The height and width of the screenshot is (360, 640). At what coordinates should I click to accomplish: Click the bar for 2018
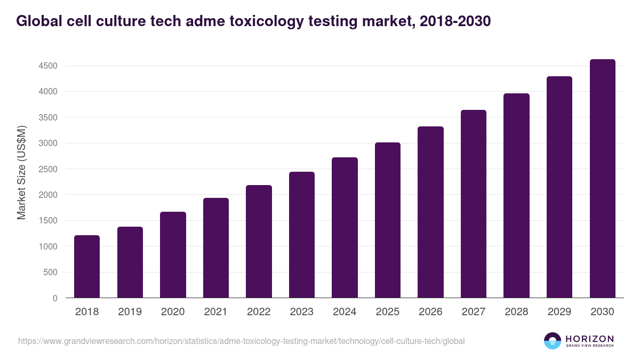pos(87,267)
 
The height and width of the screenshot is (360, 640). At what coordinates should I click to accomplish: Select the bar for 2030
pos(602,179)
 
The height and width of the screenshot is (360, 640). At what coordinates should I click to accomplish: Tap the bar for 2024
pos(345,228)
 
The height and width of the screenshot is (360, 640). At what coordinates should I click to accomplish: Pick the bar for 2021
pos(216,248)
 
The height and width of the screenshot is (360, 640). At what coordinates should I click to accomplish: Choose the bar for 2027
pos(474,204)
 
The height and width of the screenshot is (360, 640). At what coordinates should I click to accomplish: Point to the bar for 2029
pos(559,187)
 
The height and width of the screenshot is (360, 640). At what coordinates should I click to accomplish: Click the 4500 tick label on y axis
pos(48,66)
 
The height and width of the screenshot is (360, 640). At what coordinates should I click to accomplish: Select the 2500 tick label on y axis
pos(48,169)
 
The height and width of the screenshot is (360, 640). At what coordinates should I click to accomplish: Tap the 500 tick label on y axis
pos(51,273)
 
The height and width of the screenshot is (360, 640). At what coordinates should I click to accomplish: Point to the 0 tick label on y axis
pos(55,298)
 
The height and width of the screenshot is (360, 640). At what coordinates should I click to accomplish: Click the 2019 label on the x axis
pos(130,312)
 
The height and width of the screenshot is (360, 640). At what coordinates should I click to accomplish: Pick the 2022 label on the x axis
pos(259,312)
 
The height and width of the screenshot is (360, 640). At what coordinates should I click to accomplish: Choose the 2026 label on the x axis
pos(430,312)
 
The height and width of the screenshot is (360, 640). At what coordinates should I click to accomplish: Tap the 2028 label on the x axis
pos(516,312)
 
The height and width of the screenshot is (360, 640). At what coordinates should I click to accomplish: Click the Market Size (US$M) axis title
pos(21,173)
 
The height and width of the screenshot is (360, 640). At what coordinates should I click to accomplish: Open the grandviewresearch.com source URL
pos(241,341)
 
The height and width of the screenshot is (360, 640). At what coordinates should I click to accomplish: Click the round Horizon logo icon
pos(553,341)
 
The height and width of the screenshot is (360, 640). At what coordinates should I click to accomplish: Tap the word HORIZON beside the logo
pos(589,338)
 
